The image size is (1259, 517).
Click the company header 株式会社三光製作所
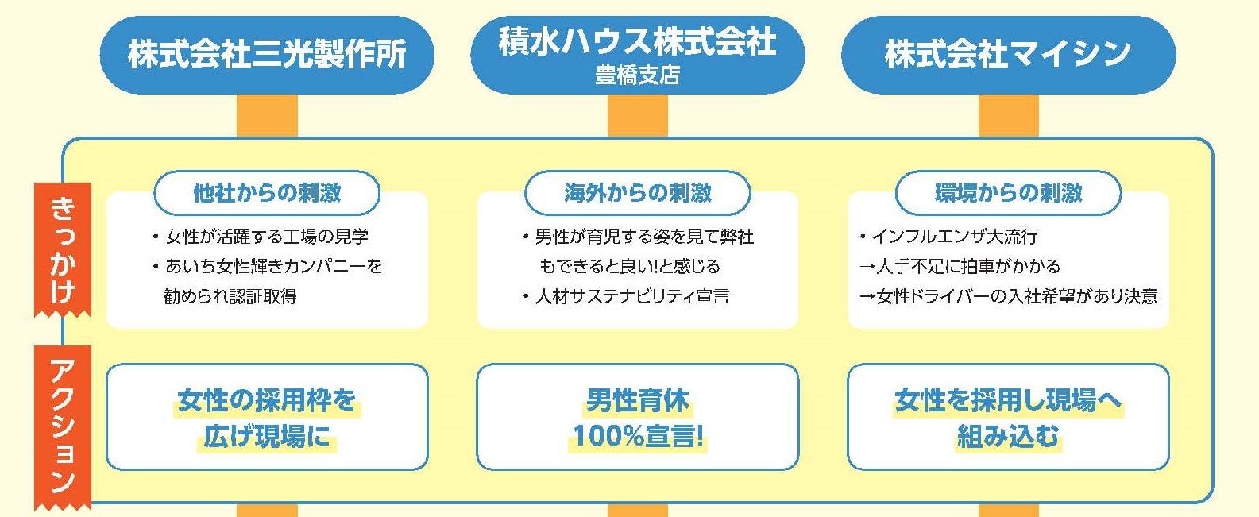(267, 55)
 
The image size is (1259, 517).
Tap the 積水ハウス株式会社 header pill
(637, 42)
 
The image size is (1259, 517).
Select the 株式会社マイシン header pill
(1007, 55)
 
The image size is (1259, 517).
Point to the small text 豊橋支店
(637, 75)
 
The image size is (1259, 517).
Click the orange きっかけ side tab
(63, 249)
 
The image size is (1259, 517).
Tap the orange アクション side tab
(63, 426)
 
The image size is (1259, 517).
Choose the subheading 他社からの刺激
(267, 193)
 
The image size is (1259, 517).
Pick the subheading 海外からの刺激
(637, 193)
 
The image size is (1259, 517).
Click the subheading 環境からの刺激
(1008, 193)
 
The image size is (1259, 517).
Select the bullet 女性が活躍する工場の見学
(267, 237)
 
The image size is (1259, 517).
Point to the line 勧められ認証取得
(230, 296)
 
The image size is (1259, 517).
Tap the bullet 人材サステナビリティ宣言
(632, 296)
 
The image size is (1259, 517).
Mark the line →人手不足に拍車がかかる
(960, 266)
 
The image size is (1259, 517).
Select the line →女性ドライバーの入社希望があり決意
(1008, 296)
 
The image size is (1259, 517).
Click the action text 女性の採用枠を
(267, 400)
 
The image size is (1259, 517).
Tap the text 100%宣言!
(638, 436)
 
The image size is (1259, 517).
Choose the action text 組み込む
(1008, 436)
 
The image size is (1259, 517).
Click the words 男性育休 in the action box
(638, 400)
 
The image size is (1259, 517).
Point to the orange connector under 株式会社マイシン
(1008, 116)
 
